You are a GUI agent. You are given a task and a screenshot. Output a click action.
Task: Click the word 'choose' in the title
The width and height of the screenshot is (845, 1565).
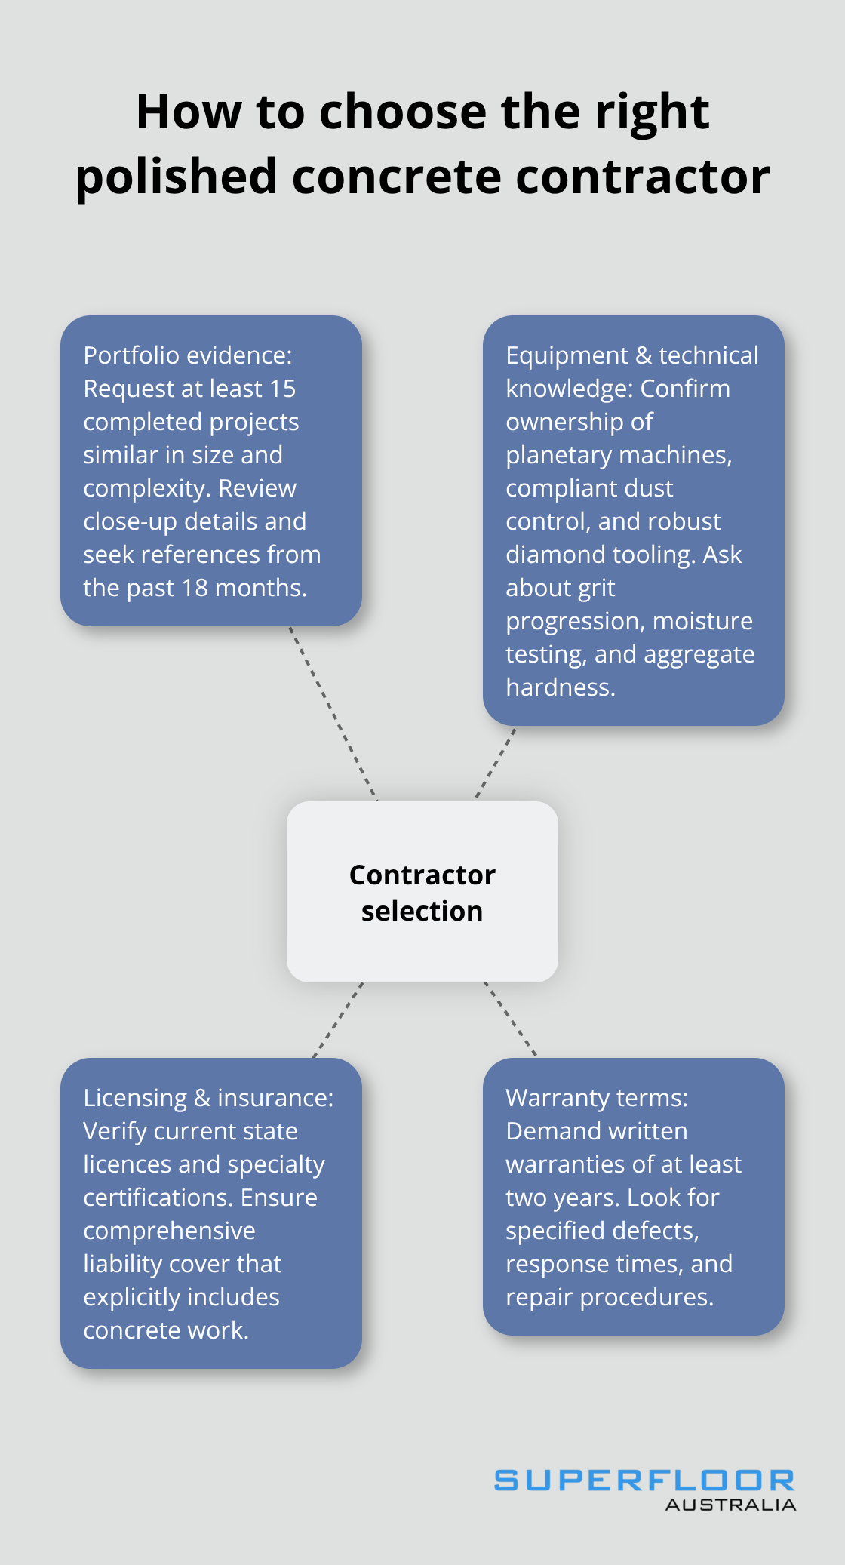click(x=404, y=112)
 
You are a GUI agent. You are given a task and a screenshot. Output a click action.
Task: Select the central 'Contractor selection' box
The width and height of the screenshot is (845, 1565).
click(x=422, y=892)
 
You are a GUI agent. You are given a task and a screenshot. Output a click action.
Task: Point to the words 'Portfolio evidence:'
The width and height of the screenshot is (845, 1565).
click(x=187, y=355)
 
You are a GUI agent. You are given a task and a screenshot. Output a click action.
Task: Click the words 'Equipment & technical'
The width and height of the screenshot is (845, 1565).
click(x=631, y=355)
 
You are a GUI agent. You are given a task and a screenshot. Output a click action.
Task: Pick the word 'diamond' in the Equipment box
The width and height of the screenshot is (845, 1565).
click(x=549, y=555)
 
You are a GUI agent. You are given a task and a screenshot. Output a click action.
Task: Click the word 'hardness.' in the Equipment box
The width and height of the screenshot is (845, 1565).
click(x=560, y=687)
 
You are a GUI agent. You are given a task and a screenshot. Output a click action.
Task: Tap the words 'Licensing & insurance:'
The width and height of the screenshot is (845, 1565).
click(x=208, y=1098)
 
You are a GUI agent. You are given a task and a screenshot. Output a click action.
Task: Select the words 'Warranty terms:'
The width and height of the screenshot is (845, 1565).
click(x=596, y=1098)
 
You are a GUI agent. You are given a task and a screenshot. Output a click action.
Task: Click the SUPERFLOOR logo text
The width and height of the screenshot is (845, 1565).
click(x=644, y=1480)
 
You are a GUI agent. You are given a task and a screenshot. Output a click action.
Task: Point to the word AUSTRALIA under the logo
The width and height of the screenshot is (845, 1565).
click(x=730, y=1505)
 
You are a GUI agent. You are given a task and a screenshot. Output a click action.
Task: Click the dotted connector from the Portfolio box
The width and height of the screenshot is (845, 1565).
click(x=333, y=714)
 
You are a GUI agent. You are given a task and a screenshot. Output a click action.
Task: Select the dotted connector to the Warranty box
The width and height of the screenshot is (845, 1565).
click(x=510, y=1019)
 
